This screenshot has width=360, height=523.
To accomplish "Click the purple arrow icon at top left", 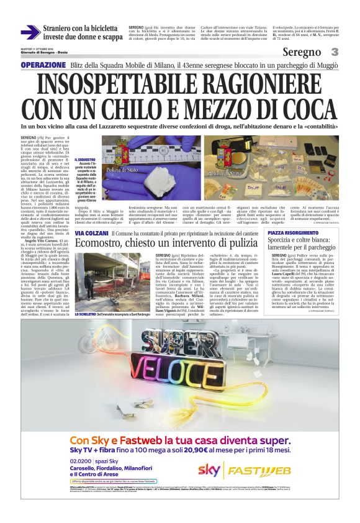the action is point(30,32).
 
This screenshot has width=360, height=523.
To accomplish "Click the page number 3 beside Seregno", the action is point(335,52).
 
